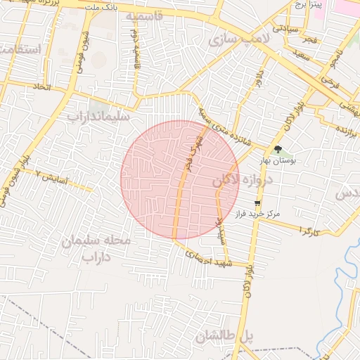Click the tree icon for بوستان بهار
click(277, 149)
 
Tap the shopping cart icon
click(257, 202)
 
